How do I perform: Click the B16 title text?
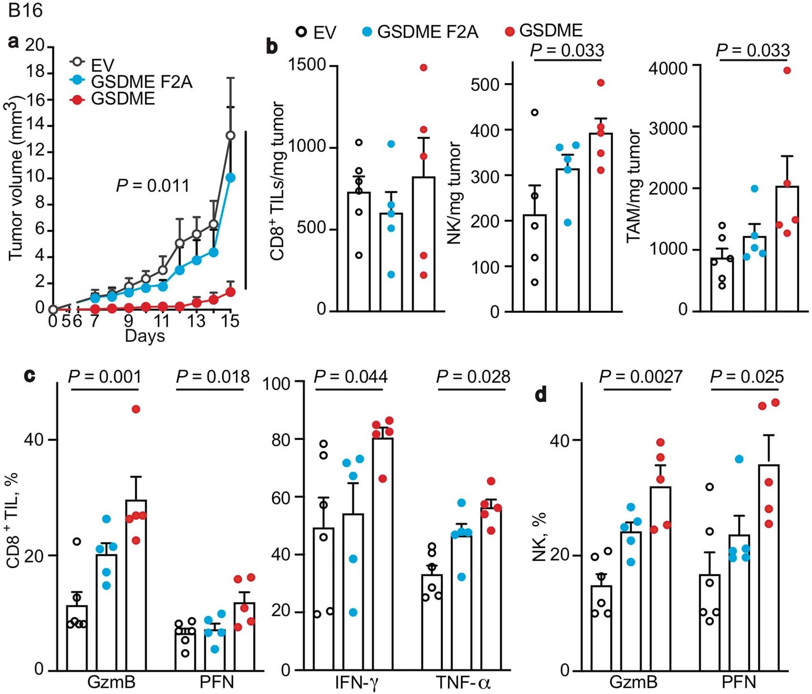click(x=25, y=10)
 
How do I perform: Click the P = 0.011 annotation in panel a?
click(x=152, y=185)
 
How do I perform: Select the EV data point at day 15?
click(x=231, y=136)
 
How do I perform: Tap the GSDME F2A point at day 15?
click(x=231, y=177)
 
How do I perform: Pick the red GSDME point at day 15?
click(x=231, y=292)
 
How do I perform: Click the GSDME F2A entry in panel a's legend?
click(x=141, y=81)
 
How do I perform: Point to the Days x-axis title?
click(x=145, y=336)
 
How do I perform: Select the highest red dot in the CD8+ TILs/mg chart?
click(x=423, y=68)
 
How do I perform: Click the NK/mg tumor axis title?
click(x=455, y=193)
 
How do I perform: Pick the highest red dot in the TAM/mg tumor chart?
click(x=787, y=70)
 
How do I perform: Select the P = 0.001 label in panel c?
click(x=105, y=377)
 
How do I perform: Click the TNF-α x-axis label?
click(x=463, y=683)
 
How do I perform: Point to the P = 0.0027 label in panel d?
click(x=641, y=377)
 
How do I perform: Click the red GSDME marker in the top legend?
click(x=510, y=31)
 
